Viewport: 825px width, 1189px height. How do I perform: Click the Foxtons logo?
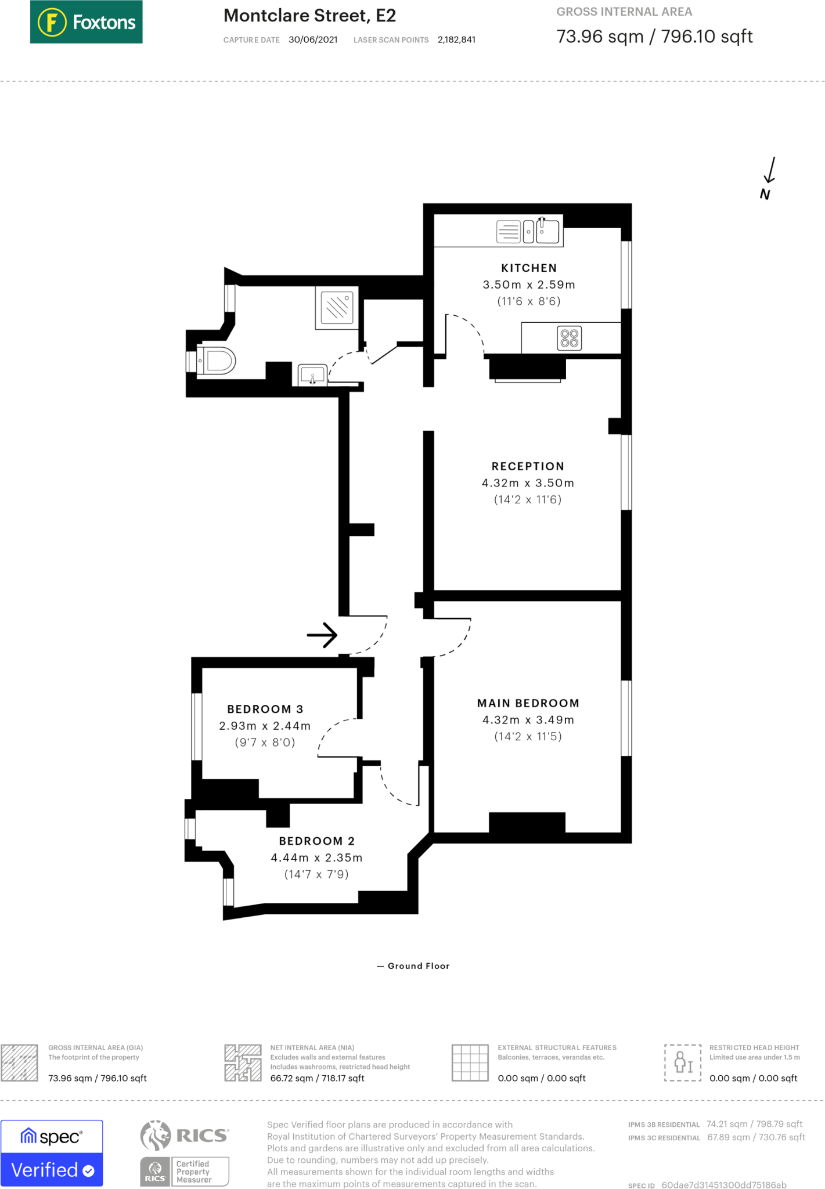click(86, 22)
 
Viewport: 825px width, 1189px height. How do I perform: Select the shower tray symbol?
click(337, 307)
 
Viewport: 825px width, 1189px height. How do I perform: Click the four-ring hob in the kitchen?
click(569, 338)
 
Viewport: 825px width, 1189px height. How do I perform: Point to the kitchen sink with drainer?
click(527, 231)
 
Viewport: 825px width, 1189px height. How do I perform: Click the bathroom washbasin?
click(312, 374)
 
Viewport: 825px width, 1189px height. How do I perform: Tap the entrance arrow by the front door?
click(322, 635)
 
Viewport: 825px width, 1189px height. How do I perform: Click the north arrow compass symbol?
click(768, 178)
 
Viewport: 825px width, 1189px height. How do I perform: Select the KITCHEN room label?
click(528, 268)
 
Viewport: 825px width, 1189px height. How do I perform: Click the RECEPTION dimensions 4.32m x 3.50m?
click(527, 483)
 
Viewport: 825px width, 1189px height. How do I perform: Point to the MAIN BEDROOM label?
click(528, 703)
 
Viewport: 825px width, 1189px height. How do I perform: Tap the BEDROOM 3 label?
click(265, 709)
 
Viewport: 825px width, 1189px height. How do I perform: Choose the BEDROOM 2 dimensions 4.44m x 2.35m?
click(316, 857)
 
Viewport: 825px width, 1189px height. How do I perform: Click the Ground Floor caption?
click(418, 966)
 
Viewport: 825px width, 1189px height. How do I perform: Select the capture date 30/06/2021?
click(313, 39)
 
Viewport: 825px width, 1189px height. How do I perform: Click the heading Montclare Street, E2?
click(309, 16)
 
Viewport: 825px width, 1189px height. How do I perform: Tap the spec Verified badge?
click(52, 1153)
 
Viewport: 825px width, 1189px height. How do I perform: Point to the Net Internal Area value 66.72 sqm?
click(317, 1078)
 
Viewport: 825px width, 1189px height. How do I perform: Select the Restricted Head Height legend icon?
click(682, 1062)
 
